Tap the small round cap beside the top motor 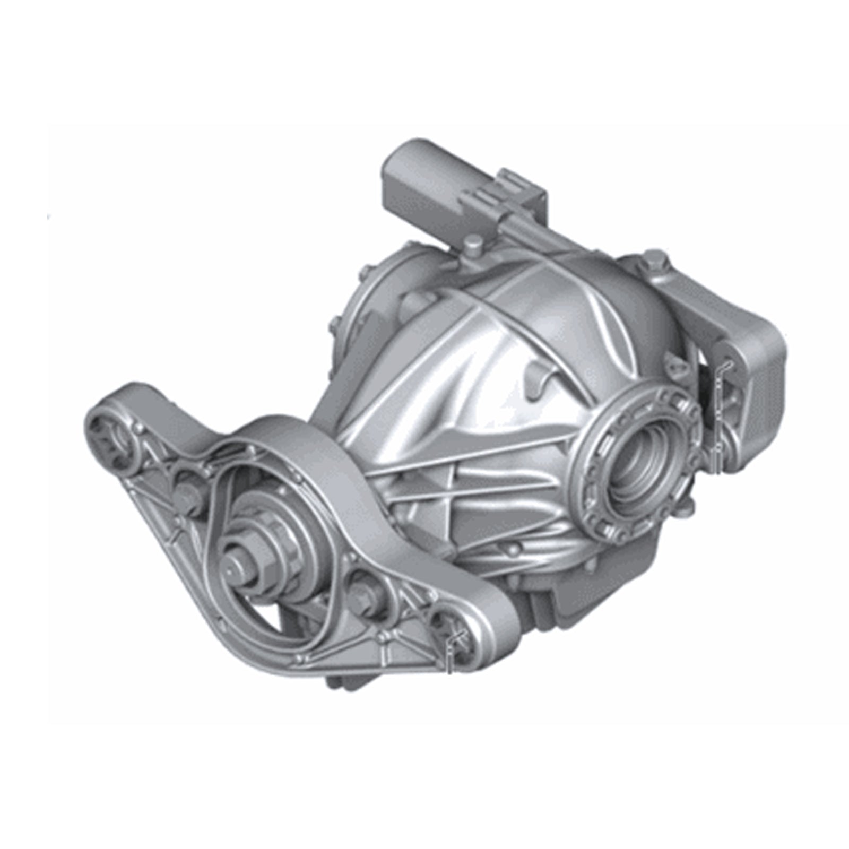471,247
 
